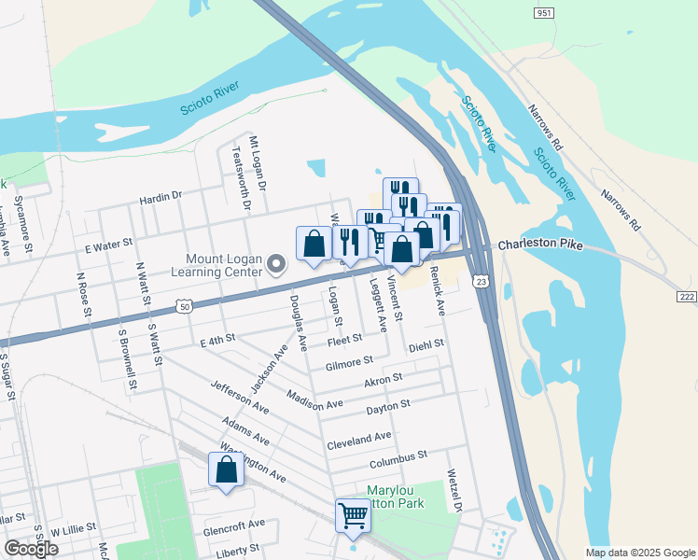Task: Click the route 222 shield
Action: [x=686, y=296]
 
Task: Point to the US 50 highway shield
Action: [x=185, y=306]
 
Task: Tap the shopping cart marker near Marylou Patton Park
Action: [x=353, y=513]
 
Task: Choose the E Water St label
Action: [x=110, y=246]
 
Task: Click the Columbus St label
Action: [x=397, y=457]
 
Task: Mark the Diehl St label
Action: [x=426, y=345]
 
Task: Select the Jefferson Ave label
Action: [x=239, y=398]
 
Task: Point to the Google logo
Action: [x=32, y=549]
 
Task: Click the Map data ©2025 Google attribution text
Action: [x=639, y=553]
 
